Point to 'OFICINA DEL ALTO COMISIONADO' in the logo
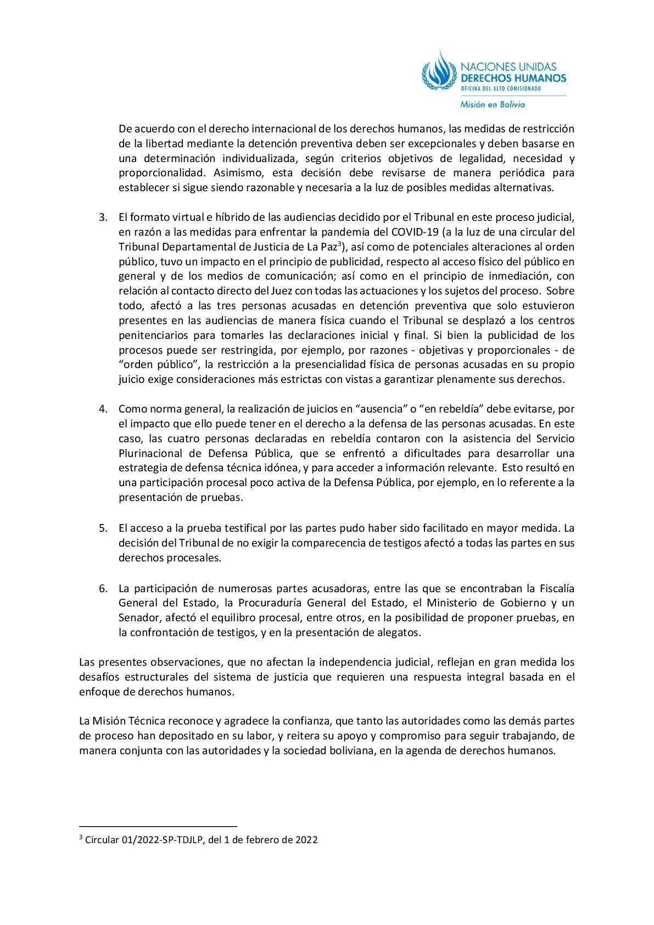coord(501,88)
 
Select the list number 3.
coord(103,217)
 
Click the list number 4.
coord(103,409)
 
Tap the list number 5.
coord(103,528)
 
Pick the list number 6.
coord(103,588)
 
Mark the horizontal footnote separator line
coord(158,826)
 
